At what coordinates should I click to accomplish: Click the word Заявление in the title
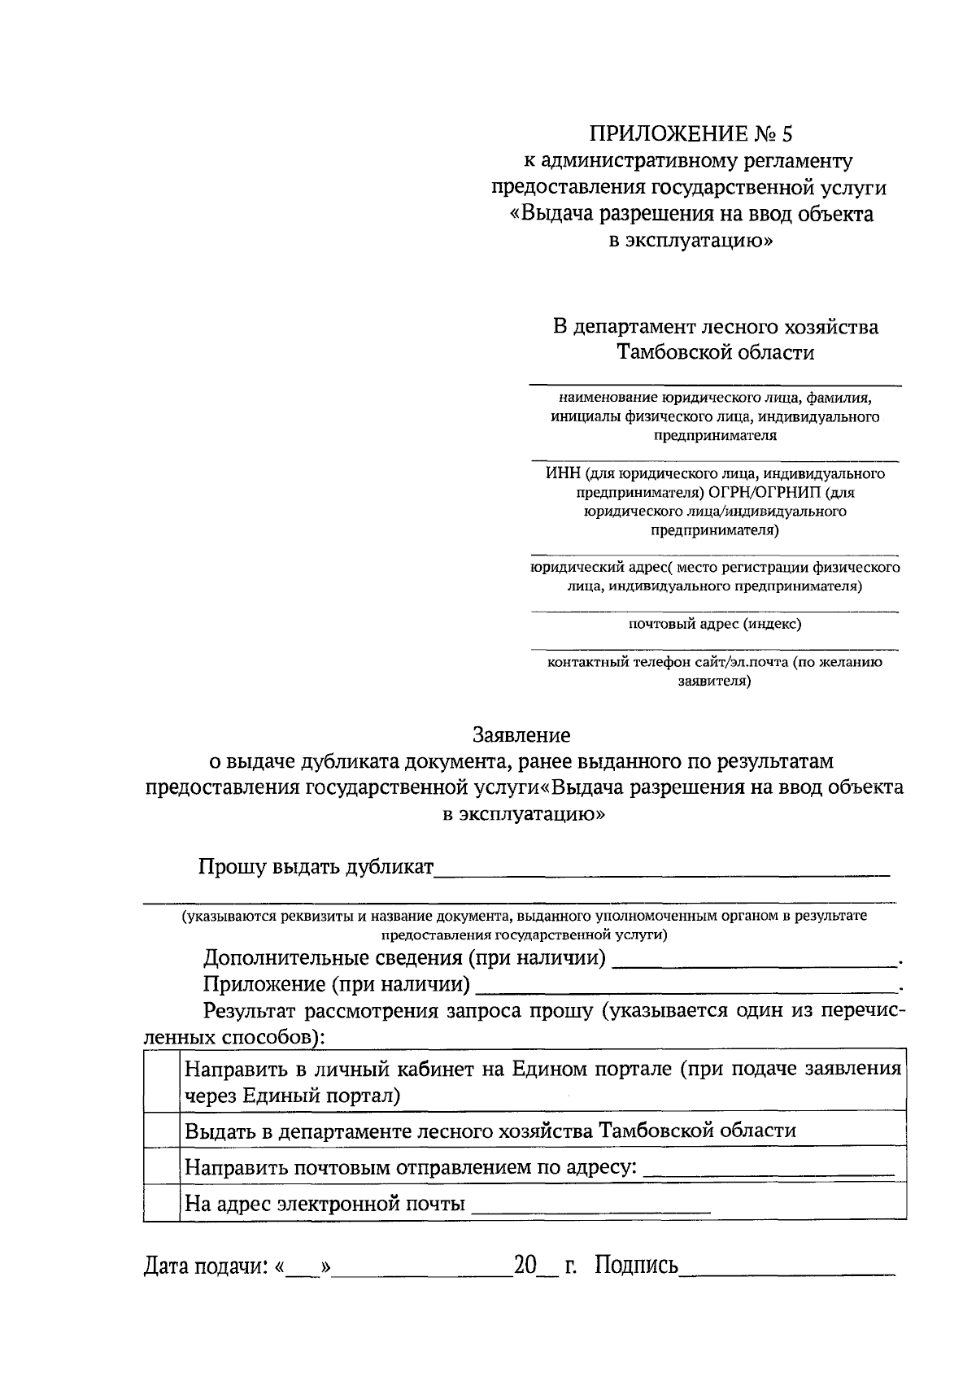pyautogui.click(x=521, y=735)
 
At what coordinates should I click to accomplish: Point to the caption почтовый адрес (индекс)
pyautogui.click(x=714, y=624)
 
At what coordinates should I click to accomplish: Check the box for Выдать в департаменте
pyautogui.click(x=161, y=1130)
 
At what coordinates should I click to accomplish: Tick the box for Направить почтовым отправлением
pyautogui.click(x=161, y=1166)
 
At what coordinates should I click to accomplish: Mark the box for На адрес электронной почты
pyautogui.click(x=161, y=1202)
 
